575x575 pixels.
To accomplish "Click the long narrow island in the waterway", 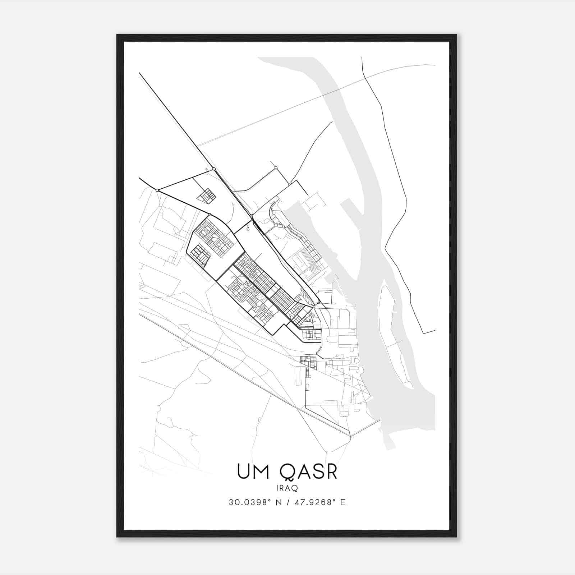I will pos(394,334).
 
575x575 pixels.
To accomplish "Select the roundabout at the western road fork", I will pos(157,190).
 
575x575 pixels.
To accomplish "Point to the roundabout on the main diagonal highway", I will pos(214,169).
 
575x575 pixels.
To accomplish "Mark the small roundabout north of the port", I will pos(276,168).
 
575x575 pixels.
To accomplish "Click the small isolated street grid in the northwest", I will pos(207,196).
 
